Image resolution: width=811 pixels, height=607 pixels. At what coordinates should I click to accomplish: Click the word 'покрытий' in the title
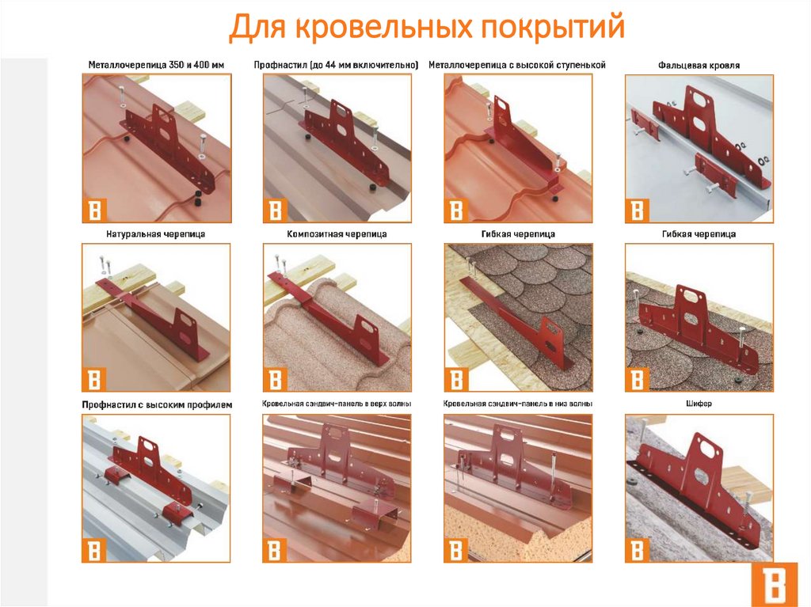[x=553, y=27]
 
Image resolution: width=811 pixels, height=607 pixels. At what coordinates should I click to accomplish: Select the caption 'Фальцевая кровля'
[x=699, y=65]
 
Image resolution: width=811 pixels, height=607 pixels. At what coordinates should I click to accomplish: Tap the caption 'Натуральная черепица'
[x=156, y=234]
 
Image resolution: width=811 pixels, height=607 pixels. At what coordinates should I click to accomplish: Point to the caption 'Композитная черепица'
[x=337, y=234]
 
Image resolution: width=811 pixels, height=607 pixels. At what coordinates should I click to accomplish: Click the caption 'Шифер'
[x=699, y=404]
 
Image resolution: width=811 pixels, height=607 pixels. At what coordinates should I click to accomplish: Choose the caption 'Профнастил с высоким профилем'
[x=157, y=404]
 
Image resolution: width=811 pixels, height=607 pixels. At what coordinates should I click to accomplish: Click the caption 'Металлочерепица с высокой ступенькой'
[x=517, y=65]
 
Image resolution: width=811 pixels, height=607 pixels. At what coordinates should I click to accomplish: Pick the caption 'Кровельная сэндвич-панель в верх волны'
[x=337, y=404]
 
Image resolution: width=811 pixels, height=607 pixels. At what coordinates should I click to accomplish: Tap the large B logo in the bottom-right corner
[x=775, y=584]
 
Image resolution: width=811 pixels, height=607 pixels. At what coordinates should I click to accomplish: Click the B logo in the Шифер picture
[x=638, y=549]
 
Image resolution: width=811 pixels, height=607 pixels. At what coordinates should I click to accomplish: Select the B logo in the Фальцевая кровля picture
[x=638, y=211]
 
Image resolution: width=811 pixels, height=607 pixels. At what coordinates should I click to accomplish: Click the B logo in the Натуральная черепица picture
[x=94, y=380]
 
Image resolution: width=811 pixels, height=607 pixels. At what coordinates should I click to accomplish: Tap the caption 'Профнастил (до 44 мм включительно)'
[x=336, y=65]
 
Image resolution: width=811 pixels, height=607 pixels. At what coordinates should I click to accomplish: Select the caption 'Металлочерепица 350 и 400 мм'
[x=156, y=65]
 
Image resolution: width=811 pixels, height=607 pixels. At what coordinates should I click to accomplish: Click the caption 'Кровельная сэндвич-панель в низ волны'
[x=518, y=404]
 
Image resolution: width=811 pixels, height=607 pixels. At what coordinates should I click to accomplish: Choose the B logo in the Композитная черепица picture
[x=275, y=380]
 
